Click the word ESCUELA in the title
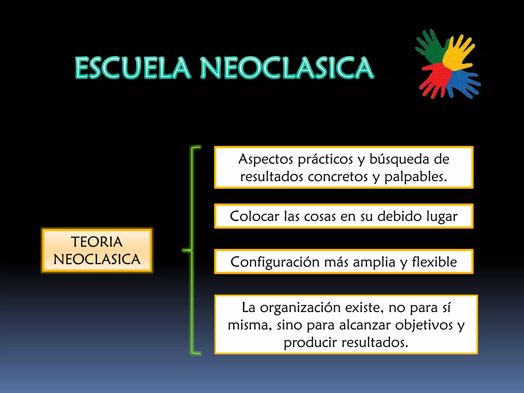tap(133, 68)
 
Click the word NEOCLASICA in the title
tap(287, 68)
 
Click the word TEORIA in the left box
tap(97, 242)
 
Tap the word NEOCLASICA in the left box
tap(97, 259)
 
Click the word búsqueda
tap(399, 159)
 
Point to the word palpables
tap(416, 177)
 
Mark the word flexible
tap(434, 262)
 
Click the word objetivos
tap(424, 325)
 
